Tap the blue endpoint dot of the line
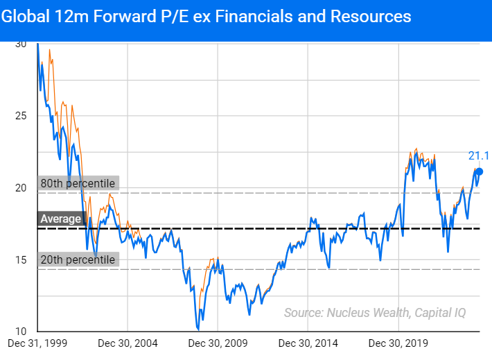click(x=479, y=171)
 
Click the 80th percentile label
click(x=77, y=183)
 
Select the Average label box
click(x=60, y=219)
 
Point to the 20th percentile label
click(x=77, y=259)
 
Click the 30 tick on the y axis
click(x=20, y=44)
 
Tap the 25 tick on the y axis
click(x=20, y=115)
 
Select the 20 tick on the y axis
click(x=20, y=187)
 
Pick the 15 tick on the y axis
click(x=20, y=259)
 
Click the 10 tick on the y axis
click(x=20, y=331)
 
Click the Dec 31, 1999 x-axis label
click(x=37, y=343)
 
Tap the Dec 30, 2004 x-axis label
click(x=128, y=343)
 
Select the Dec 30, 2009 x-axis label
click(x=218, y=343)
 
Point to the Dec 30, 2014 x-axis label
click(x=309, y=343)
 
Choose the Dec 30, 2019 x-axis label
click(x=399, y=343)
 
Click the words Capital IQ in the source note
click(x=440, y=313)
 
